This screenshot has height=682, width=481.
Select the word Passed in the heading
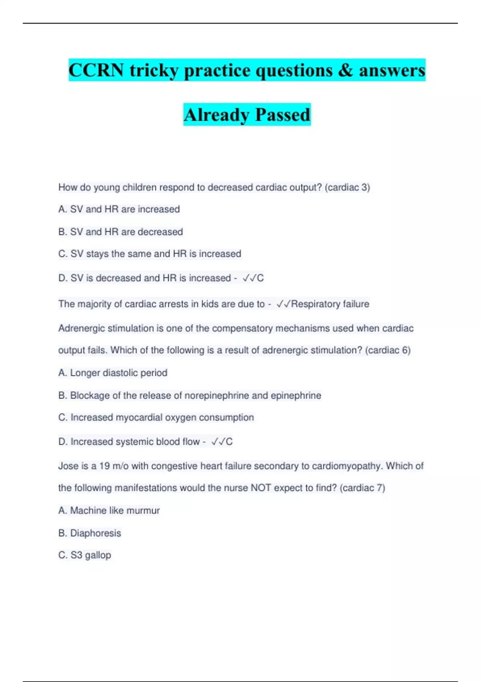tap(283, 115)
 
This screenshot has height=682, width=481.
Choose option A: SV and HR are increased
tap(119, 209)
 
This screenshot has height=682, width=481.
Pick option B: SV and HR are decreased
tap(121, 231)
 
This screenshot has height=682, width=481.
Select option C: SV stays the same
tap(150, 254)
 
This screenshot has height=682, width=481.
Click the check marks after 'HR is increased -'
tap(249, 278)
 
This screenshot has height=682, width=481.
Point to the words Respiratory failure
tap(330, 304)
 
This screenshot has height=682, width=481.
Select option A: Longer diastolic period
tap(113, 373)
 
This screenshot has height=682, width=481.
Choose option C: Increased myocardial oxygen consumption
tap(156, 417)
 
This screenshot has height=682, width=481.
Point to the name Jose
tap(68, 466)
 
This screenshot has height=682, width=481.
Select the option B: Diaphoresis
tap(90, 533)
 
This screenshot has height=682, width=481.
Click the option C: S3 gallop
tap(85, 555)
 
